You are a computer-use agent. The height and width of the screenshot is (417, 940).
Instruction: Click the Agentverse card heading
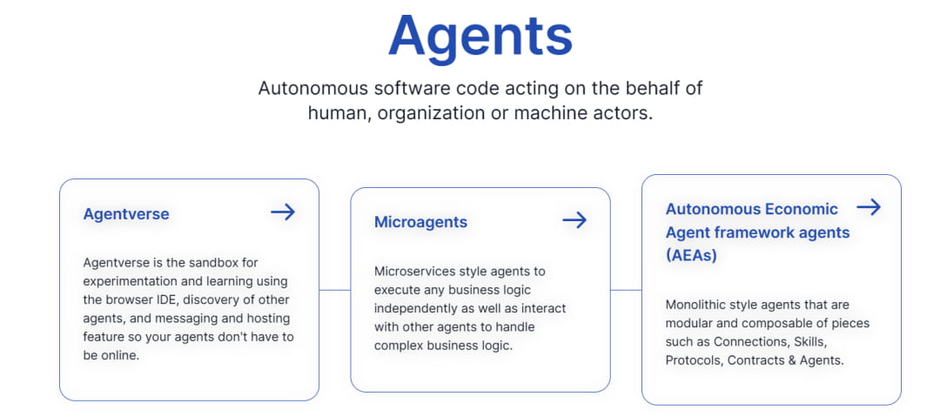[126, 214]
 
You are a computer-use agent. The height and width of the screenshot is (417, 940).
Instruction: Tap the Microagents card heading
[421, 222]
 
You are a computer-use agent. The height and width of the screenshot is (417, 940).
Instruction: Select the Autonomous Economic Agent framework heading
[758, 232]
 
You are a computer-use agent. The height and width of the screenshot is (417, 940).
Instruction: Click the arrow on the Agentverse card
[283, 212]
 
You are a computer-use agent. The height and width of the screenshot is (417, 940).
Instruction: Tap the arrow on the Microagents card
[574, 219]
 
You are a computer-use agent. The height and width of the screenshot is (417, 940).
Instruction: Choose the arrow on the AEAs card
[869, 207]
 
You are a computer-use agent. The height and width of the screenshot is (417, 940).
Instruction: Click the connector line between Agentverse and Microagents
[334, 291]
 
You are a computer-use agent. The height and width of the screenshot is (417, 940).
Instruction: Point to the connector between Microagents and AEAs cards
[626, 291]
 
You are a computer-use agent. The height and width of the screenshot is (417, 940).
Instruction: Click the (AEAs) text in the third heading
[691, 256]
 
